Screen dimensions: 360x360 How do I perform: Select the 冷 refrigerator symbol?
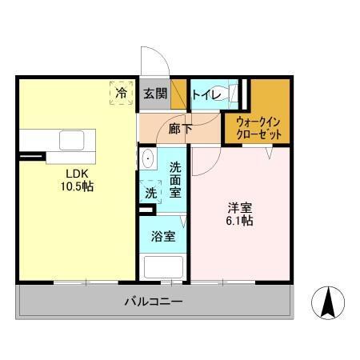tap(122, 94)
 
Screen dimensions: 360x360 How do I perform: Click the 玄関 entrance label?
tap(155, 94)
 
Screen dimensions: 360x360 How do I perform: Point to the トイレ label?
tap(206, 94)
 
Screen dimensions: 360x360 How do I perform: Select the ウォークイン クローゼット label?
tap(258, 128)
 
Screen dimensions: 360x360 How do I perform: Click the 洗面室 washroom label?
tap(176, 180)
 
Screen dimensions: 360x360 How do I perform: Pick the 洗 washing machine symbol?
tap(150, 192)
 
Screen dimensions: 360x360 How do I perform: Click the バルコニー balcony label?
tap(154, 302)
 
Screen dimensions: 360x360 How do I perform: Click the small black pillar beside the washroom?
tap(145, 211)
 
